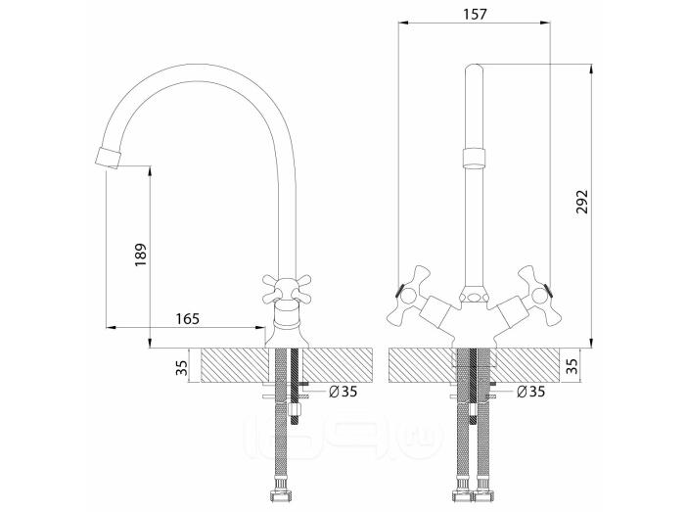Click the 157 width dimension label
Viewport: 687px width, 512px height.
pyautogui.click(x=475, y=14)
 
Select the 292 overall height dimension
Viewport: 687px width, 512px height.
pyautogui.click(x=582, y=202)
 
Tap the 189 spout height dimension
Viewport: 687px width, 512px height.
pyautogui.click(x=140, y=256)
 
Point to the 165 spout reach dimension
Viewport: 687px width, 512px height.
pyautogui.click(x=187, y=319)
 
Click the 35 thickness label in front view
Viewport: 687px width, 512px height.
pyautogui.click(x=572, y=365)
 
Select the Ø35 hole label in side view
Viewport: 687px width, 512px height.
pyautogui.click(x=343, y=391)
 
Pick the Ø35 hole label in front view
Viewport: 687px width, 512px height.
pyautogui.click(x=530, y=391)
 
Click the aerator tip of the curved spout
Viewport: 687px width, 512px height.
pyautogui.click(x=108, y=158)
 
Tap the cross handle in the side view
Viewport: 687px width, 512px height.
pyautogui.click(x=287, y=290)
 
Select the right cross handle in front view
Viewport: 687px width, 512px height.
pyautogui.click(x=539, y=295)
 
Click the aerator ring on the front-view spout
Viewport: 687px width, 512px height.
pyautogui.click(x=474, y=158)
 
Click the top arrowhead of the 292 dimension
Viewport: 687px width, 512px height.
pyautogui.click(x=591, y=70)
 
